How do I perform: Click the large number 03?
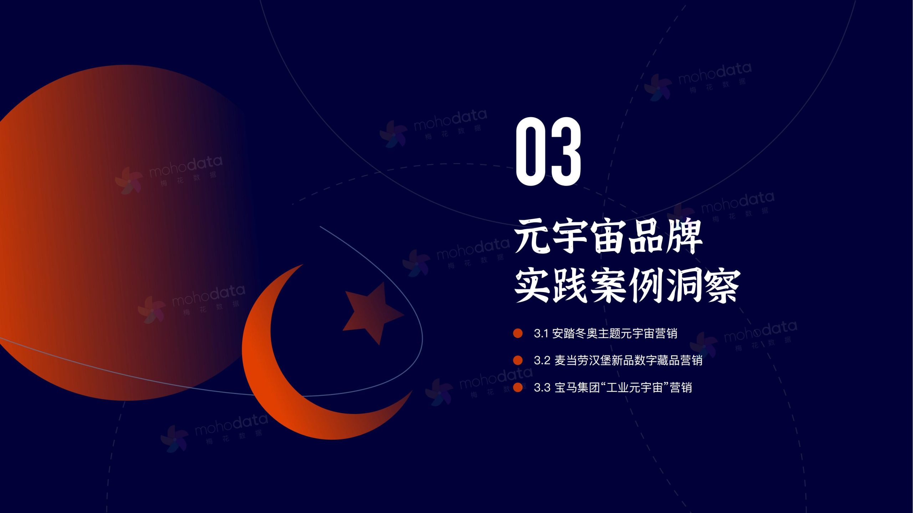(x=549, y=151)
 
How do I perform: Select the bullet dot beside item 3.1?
(x=517, y=333)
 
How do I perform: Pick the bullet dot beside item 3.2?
(x=517, y=360)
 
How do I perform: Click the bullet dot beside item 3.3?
(x=517, y=387)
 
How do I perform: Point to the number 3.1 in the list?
(x=541, y=334)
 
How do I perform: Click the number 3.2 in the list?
(x=542, y=361)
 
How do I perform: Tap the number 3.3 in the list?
(x=542, y=388)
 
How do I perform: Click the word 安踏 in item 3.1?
(x=563, y=333)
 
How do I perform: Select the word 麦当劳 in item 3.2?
(x=571, y=361)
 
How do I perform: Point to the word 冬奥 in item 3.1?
(x=586, y=333)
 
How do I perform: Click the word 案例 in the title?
(x=628, y=286)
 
